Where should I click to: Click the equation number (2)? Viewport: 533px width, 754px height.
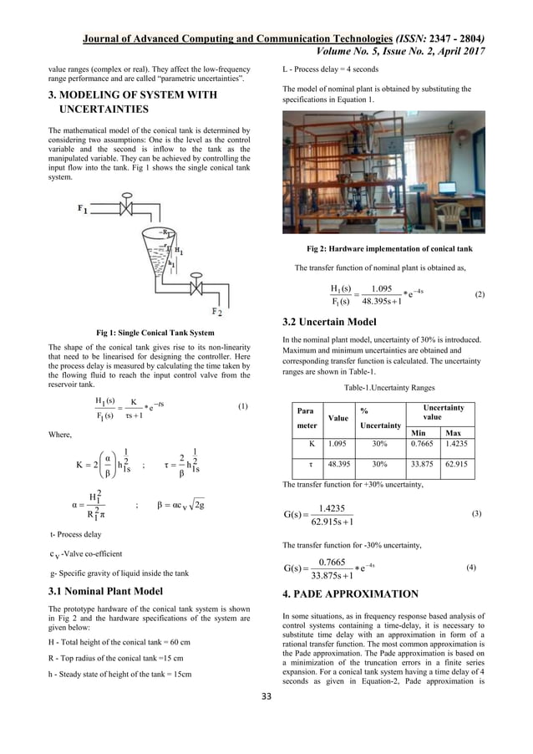[479, 295]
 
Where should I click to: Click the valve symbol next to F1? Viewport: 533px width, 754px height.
[128, 206]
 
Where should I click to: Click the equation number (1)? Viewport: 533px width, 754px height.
[242, 406]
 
